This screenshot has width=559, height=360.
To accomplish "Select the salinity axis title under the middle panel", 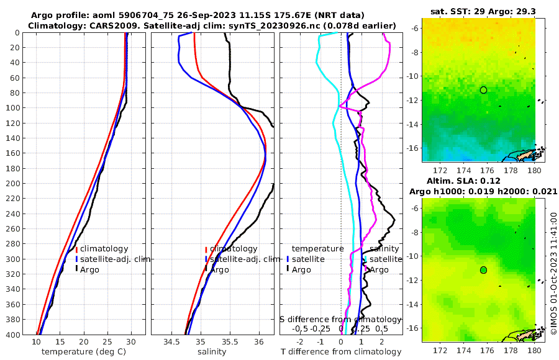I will [x=212, y=352].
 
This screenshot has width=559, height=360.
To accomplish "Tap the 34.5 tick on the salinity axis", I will [x=171, y=342].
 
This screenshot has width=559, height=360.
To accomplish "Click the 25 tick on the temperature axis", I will [x=107, y=342].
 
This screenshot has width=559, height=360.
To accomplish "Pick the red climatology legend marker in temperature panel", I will [x=77, y=249].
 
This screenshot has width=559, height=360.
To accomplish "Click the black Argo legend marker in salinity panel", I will [x=206, y=269].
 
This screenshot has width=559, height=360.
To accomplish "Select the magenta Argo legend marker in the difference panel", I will [x=366, y=269].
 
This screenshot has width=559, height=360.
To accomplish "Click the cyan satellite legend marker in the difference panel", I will [x=366, y=259].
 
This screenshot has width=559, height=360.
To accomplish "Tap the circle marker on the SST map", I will [x=483, y=90].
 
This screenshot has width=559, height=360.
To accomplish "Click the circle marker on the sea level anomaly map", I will [x=483, y=270].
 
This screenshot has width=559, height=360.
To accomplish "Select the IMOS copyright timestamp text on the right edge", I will [x=553, y=273].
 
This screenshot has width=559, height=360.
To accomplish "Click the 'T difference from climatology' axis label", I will [x=341, y=352].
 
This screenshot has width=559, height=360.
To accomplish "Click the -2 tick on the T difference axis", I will [x=300, y=342].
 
